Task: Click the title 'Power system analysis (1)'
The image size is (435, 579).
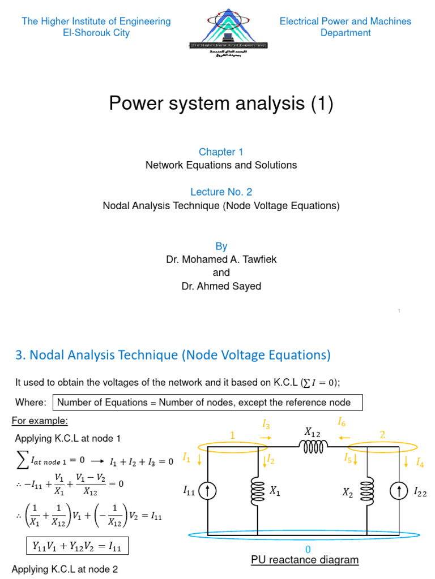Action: coord(221,103)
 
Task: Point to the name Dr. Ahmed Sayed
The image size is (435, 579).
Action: coord(221,286)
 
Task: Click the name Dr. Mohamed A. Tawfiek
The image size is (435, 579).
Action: coord(221,260)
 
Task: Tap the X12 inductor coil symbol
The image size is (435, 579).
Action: coord(315,447)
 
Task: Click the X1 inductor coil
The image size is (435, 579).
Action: coord(258,491)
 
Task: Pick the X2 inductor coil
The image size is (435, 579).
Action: coord(367,491)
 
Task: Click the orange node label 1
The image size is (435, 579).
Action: coord(231,434)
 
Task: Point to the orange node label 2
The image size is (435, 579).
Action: coord(382,434)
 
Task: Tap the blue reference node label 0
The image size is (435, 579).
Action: coord(308,550)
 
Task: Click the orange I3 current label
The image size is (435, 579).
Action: coord(266,424)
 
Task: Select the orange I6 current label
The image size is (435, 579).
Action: coord(342,421)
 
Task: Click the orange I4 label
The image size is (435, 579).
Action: coord(420,463)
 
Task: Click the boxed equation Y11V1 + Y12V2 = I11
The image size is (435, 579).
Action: coord(78,546)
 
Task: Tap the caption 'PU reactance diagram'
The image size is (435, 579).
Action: coord(305,560)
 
